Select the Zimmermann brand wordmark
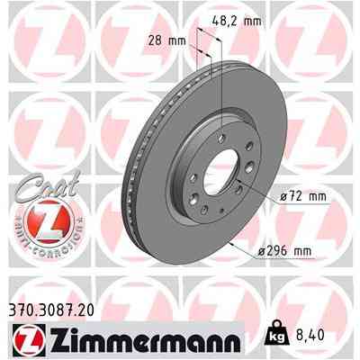click(x=144, y=341)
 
